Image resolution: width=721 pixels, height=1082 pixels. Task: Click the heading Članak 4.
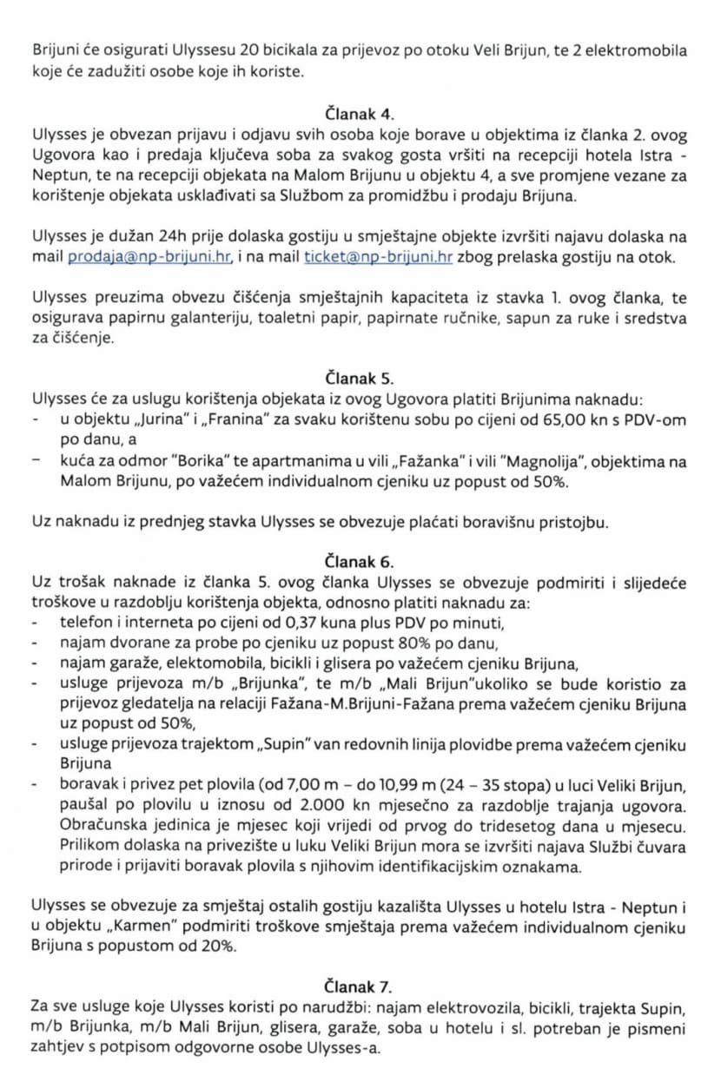(360, 113)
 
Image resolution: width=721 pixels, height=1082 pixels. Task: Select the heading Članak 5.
(360, 379)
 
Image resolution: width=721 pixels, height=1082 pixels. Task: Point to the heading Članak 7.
(360, 986)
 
